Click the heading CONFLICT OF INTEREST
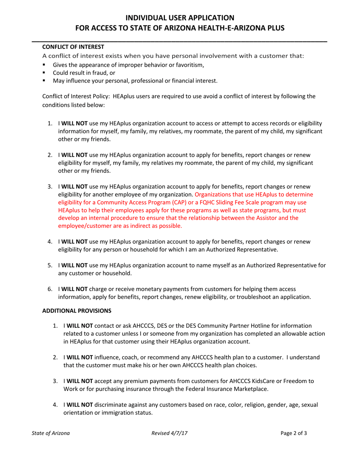coord(73,47)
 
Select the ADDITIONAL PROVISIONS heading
coord(77,311)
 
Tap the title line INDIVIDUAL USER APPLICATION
coord(180,17)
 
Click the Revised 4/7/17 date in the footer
coord(169,433)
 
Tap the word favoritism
coord(189,64)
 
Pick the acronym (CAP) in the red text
coord(163,202)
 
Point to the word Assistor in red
coord(288,218)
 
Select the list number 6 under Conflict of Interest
coord(50,289)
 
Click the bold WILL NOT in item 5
coord(75,266)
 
